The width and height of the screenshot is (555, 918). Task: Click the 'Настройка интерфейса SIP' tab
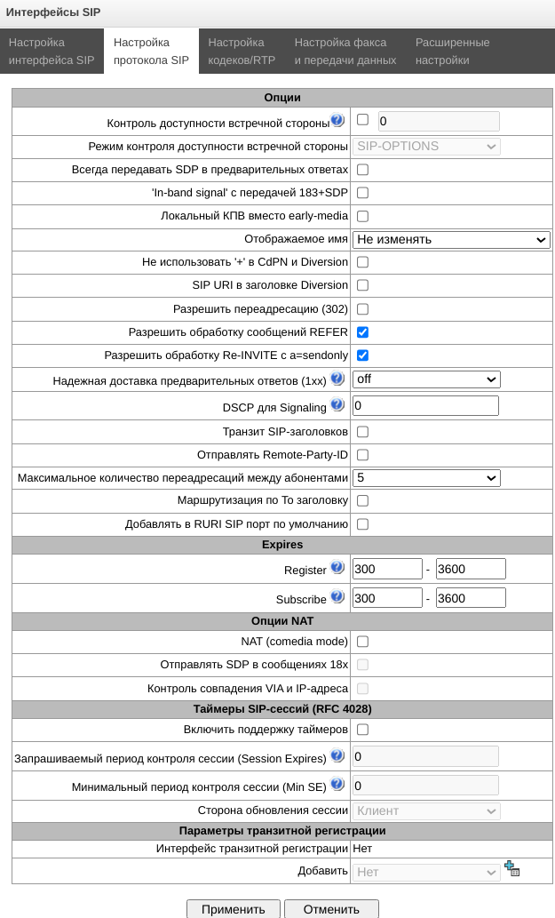52,52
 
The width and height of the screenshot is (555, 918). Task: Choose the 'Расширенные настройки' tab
452,52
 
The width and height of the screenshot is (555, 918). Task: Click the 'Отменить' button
331,909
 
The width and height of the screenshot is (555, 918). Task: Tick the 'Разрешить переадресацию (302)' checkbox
362,309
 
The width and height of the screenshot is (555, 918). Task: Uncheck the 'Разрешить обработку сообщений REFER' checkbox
362,332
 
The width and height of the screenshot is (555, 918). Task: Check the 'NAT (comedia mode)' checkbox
362,641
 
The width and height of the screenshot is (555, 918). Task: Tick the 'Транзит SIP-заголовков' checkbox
362,432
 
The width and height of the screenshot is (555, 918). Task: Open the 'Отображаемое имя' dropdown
451,239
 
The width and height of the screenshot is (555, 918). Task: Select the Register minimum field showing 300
386,569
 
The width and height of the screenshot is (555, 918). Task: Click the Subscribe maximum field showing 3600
470,597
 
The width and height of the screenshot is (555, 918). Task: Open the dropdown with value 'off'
426,379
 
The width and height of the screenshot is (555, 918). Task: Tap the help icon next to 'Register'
337,567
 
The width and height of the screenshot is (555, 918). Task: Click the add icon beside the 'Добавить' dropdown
511,869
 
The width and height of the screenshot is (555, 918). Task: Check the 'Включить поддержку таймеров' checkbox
362,730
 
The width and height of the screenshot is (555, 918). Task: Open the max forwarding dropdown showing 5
426,478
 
